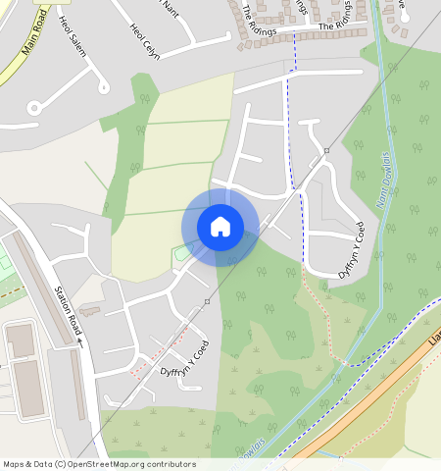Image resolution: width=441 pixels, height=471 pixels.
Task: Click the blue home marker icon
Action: pyautogui.click(x=220, y=228)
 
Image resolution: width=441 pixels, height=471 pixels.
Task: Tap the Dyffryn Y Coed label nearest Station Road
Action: pyautogui.click(x=184, y=359)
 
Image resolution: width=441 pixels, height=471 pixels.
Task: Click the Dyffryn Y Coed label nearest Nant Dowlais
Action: pyautogui.click(x=352, y=251)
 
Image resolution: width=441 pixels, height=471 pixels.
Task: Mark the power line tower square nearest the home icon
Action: pyautogui.click(x=207, y=301)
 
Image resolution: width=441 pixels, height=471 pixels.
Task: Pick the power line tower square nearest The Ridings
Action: pyautogui.click(x=326, y=151)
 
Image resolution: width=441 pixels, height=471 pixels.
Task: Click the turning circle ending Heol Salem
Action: pyautogui.click(x=103, y=87)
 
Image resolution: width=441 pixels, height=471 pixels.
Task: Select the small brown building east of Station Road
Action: pyautogui.click(x=89, y=311)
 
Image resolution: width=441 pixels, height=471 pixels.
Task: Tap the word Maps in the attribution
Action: pyautogui.click(x=14, y=464)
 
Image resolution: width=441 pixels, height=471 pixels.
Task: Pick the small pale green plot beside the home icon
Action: pyautogui.click(x=180, y=254)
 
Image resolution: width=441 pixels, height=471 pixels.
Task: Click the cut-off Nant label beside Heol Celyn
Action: pyautogui.click(x=171, y=8)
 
